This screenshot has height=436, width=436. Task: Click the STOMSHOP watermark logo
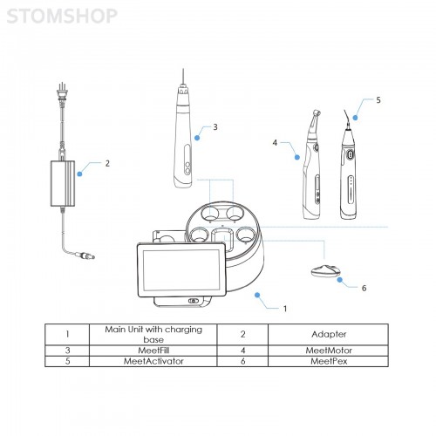(62, 16)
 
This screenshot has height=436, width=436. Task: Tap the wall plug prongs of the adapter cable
(62, 86)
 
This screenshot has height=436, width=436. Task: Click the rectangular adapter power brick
(63, 183)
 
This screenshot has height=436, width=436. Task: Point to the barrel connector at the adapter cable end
(85, 255)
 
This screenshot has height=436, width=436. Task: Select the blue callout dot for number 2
(79, 174)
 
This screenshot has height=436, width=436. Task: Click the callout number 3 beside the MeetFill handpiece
(215, 127)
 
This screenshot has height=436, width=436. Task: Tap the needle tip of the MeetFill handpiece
(183, 72)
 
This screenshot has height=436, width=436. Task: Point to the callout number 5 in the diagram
(378, 100)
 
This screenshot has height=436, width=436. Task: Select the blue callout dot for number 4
(297, 157)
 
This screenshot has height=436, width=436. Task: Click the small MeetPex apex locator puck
(326, 271)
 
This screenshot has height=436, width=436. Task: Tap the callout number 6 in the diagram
(364, 288)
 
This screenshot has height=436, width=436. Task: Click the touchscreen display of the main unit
(181, 270)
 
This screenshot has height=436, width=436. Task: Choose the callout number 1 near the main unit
(285, 309)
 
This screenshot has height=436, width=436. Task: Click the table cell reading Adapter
(329, 335)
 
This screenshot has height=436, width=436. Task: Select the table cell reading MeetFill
(153, 351)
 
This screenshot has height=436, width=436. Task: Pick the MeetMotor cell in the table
(329, 351)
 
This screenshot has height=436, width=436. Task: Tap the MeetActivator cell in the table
(153, 361)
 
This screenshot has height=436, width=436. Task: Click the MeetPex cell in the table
(329, 361)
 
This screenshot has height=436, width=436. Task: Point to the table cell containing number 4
(242, 351)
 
